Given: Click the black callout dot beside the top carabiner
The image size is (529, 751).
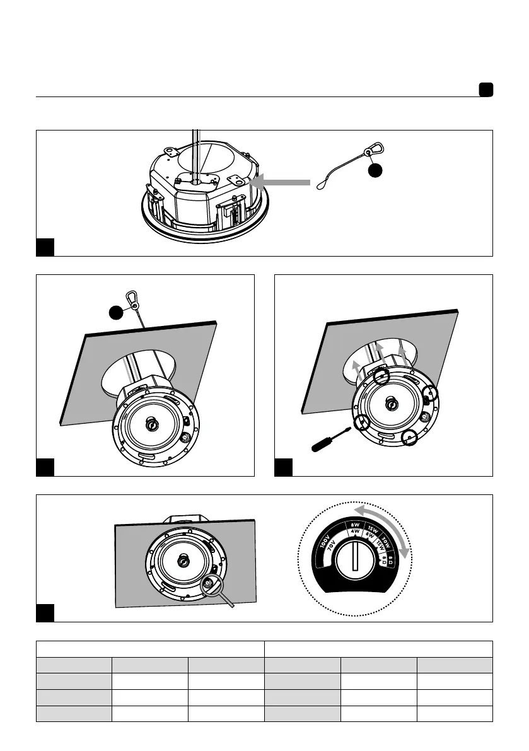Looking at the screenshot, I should coord(376,171).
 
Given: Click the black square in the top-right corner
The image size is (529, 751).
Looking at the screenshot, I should coord(485,90).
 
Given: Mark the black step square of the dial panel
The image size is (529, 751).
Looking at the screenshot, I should coord(45,613).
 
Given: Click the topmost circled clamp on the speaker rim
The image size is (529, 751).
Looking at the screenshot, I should coord(381,377).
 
